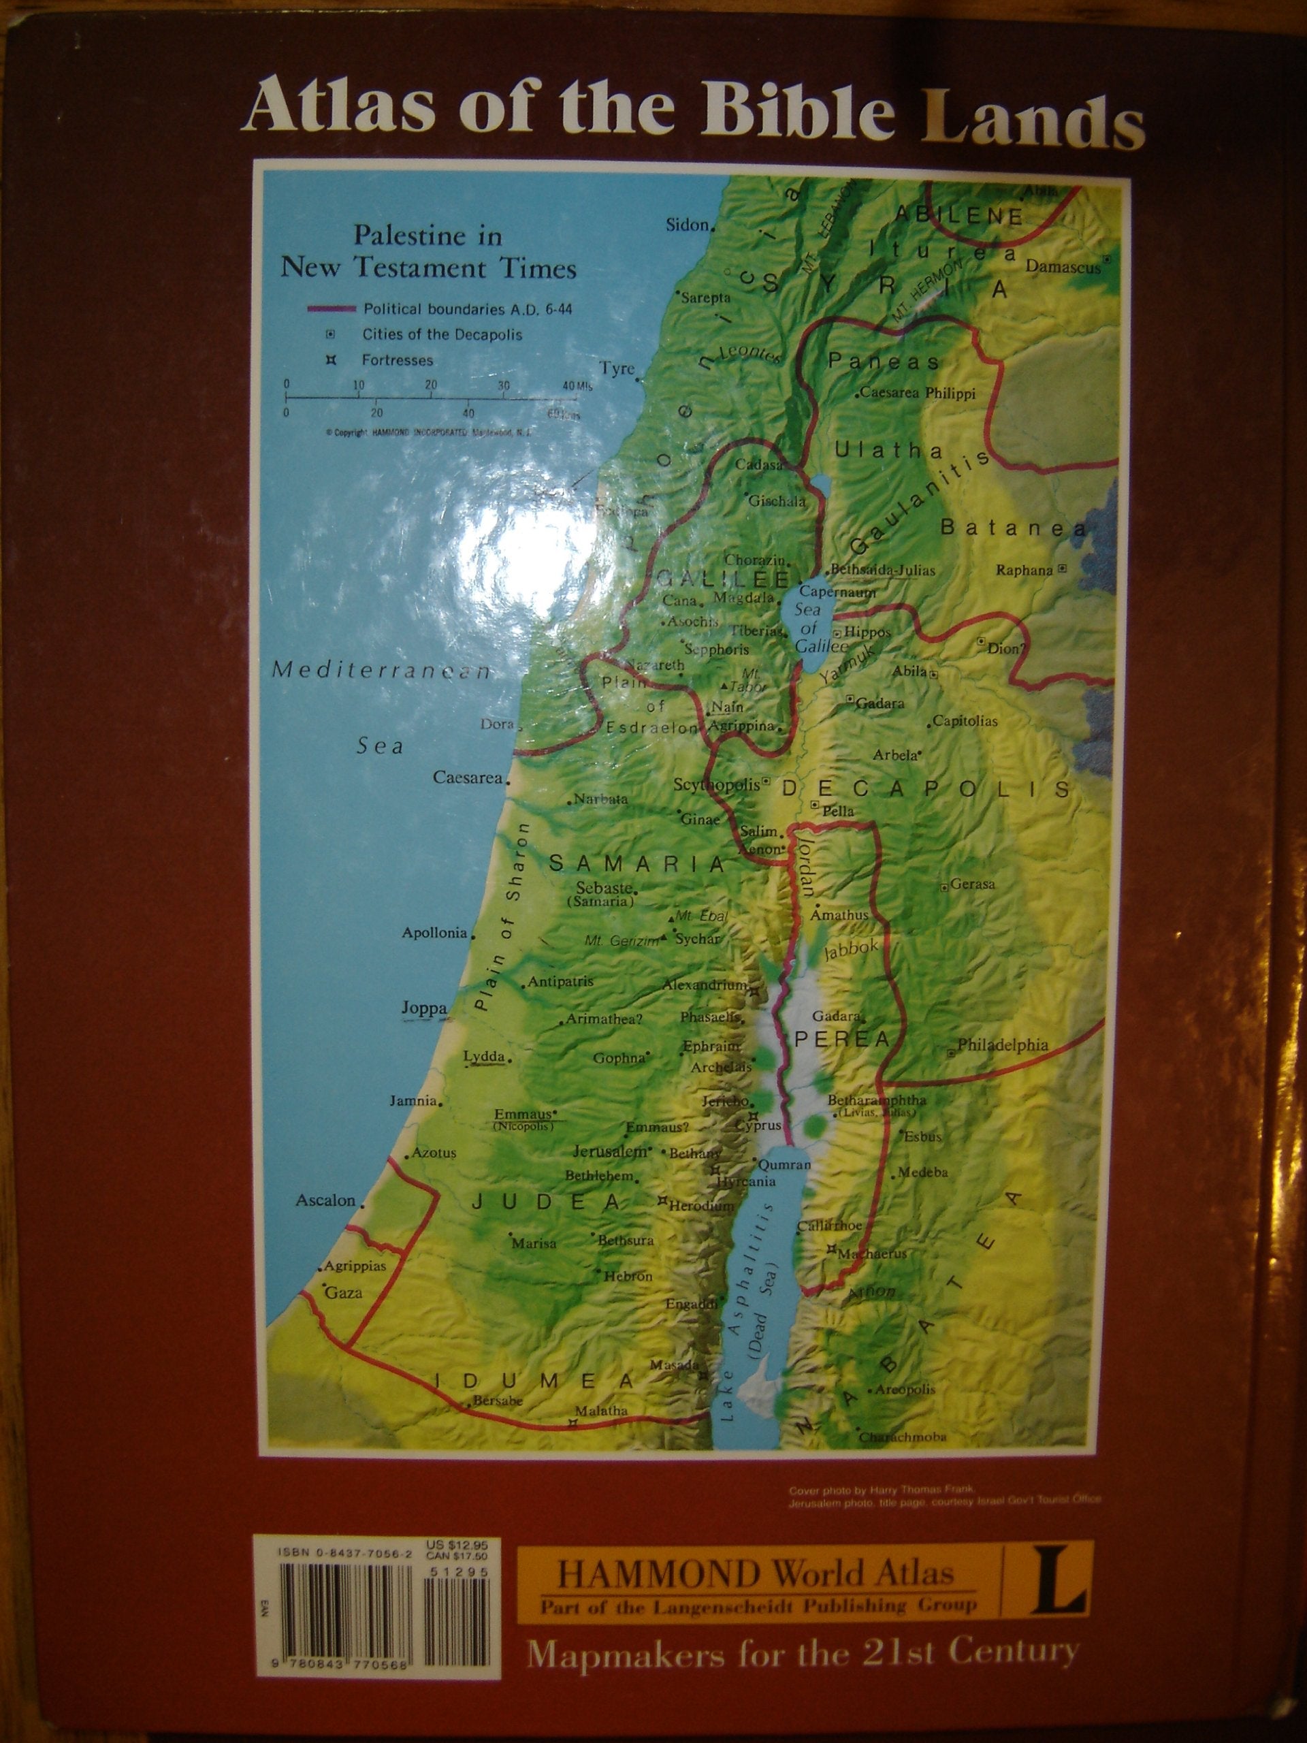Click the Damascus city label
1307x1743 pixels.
pyautogui.click(x=1063, y=267)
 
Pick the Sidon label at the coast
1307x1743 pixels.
pyautogui.click(x=687, y=225)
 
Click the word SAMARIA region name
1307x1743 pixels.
pyautogui.click(x=636, y=863)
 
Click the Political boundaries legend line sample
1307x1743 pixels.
pyautogui.click(x=334, y=309)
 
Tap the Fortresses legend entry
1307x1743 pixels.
pyautogui.click(x=397, y=360)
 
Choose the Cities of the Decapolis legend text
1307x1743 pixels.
pyautogui.click(x=441, y=334)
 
